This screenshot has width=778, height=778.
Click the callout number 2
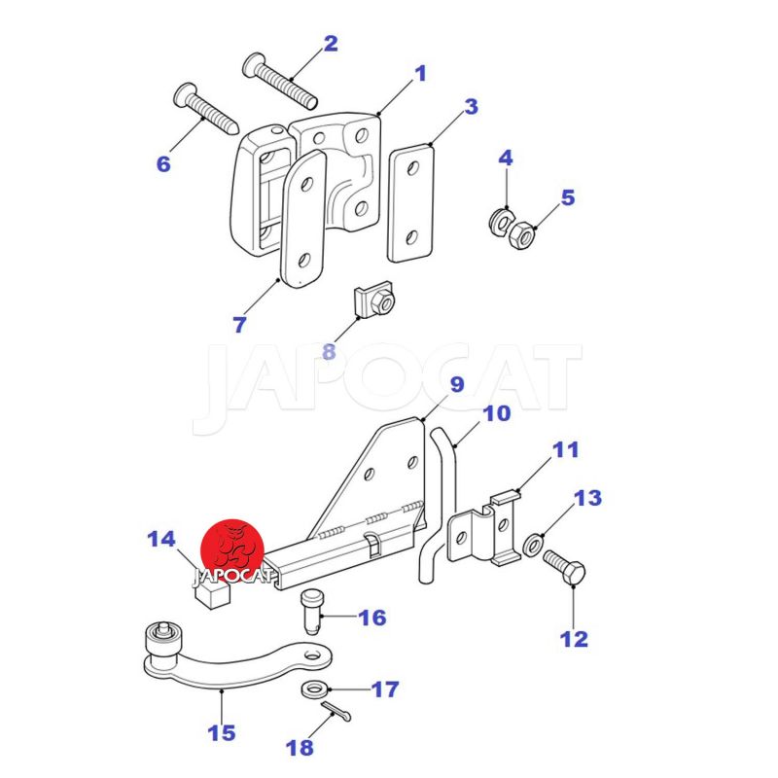[x=331, y=43]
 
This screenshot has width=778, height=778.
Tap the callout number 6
[x=163, y=163]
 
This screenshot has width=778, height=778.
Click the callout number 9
[x=457, y=384]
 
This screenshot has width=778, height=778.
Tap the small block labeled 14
[x=210, y=593]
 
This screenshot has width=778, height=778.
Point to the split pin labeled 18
[x=336, y=713]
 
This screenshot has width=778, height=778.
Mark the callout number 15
[x=222, y=732]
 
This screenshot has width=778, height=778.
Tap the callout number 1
[x=421, y=73]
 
